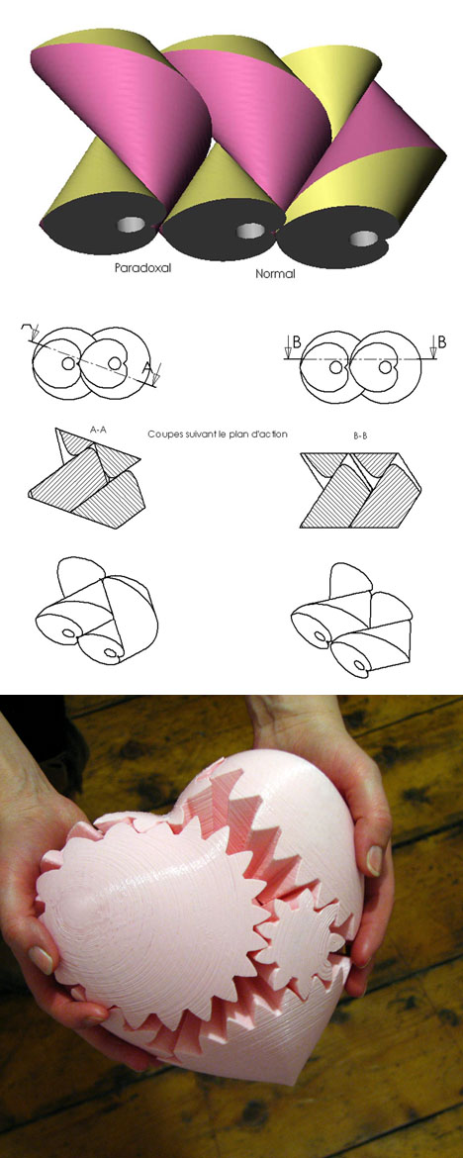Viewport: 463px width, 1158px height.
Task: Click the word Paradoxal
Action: pos(142,268)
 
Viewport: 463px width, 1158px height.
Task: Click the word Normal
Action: pos(275,274)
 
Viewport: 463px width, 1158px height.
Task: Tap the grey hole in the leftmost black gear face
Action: pos(133,224)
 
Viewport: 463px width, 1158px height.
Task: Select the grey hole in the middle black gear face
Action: pos(250,231)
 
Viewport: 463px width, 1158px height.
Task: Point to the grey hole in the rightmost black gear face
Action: pos(363,238)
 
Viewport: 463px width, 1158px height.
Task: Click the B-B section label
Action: pos(361,436)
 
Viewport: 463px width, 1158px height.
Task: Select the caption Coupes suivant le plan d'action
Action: pos(217,434)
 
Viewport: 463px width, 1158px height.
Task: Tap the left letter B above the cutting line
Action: pos(296,341)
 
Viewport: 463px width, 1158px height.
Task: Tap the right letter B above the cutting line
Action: pos(441,341)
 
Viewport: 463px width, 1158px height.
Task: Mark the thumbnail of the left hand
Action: pos(42,959)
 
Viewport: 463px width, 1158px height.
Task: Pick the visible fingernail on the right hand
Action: pos(374,859)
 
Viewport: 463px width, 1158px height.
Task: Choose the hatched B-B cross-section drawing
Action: pos(361,490)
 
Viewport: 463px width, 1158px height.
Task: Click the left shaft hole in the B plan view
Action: pos(336,366)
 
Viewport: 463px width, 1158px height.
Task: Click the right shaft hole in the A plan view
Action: pos(114,363)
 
